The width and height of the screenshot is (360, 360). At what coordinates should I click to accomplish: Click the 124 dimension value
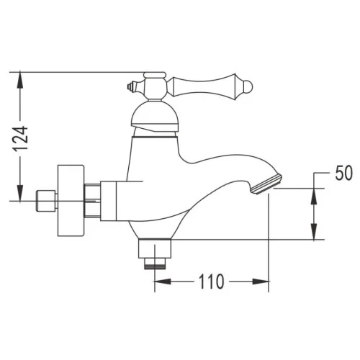click(21, 139)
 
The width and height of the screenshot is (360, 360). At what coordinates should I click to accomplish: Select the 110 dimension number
click(212, 282)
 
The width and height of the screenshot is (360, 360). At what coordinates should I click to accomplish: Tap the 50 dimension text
click(344, 173)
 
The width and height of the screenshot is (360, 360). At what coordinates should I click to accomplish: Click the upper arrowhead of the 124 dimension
click(20, 81)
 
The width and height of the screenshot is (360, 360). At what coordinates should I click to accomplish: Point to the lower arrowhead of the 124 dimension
click(20, 192)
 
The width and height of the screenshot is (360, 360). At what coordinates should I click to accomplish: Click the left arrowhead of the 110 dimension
click(163, 282)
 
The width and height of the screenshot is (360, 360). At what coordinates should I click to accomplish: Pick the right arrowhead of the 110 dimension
click(261, 282)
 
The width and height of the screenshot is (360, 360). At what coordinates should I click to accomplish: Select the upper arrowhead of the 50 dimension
click(314, 197)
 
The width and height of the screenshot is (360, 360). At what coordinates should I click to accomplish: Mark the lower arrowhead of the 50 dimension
click(314, 231)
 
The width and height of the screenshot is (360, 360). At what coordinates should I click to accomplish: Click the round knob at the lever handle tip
click(248, 86)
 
